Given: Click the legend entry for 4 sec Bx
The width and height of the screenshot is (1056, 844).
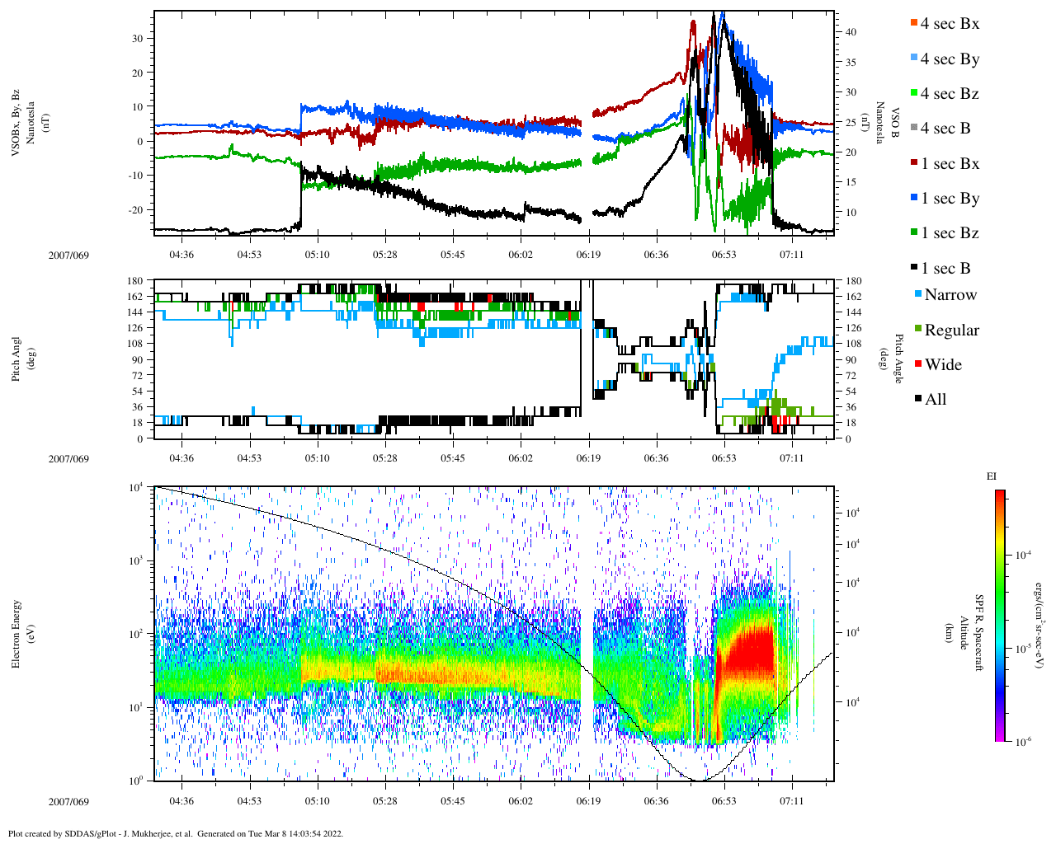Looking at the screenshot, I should coord(949,24).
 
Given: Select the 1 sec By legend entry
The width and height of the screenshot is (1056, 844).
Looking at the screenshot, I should coord(949,199).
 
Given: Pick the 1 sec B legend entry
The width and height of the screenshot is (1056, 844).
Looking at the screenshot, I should coord(945,269).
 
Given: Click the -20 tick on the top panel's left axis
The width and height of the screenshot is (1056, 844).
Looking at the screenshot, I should coord(135,209).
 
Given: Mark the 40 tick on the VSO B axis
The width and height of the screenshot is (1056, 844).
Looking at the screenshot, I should coord(850,32).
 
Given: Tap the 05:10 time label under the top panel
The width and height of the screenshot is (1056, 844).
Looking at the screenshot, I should coord(317,254).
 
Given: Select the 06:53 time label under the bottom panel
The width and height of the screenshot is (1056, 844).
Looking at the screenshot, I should coord(724,800).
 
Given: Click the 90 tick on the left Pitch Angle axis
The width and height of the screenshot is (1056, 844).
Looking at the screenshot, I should coord(136,359).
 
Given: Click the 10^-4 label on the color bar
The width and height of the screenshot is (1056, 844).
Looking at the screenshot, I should coord(1023,556).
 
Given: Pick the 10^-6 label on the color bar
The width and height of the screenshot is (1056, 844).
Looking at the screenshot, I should coord(1023,742).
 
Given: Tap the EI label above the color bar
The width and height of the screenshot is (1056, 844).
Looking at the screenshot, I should coord(992,476).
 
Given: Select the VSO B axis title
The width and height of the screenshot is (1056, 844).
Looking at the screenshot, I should coord(887,124).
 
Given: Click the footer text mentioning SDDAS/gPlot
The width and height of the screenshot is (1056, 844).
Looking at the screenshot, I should coord(176,833).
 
